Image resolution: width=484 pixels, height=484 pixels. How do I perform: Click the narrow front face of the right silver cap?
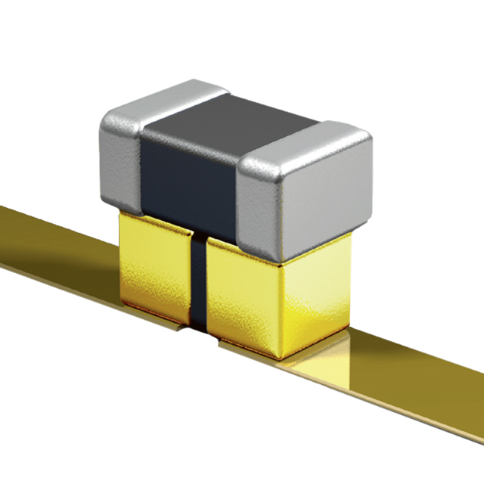257,208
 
